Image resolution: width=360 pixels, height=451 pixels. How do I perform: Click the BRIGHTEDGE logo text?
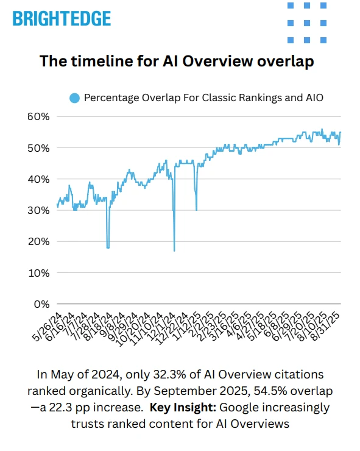tap(62, 18)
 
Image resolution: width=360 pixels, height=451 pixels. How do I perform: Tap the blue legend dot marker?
tap(75, 97)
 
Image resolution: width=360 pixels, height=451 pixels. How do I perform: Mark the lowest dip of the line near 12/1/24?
tap(175, 250)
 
